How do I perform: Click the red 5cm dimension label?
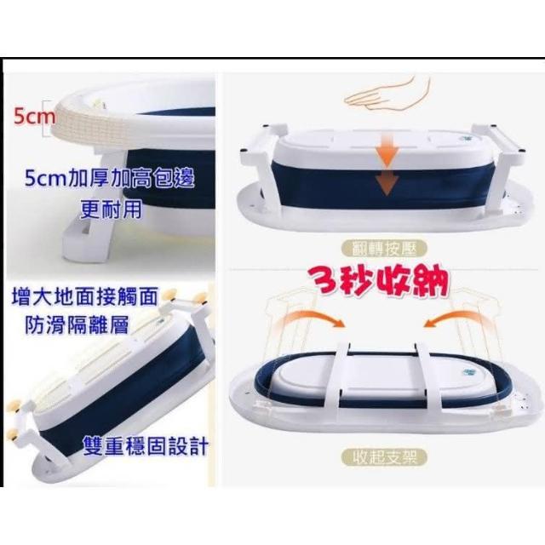tap(34, 117)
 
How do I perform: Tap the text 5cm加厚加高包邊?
tap(110, 179)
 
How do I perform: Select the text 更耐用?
tap(112, 209)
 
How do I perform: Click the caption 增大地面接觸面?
tap(85, 296)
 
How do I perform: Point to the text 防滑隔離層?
tap(77, 324)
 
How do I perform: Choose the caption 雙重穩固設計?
tap(146, 446)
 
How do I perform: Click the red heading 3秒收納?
tap(380, 281)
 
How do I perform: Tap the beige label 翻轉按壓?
tap(384, 249)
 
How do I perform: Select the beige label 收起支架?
tap(384, 456)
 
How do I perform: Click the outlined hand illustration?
tap(387, 91)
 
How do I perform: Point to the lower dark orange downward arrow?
tap(387, 183)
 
